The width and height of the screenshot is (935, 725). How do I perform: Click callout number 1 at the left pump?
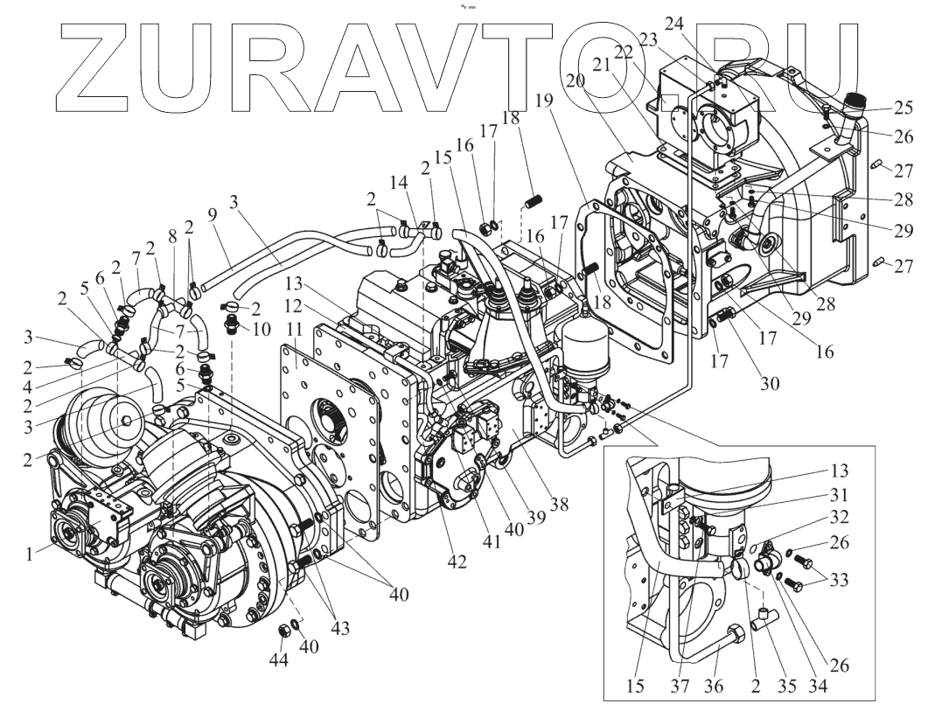[x=31, y=554]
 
